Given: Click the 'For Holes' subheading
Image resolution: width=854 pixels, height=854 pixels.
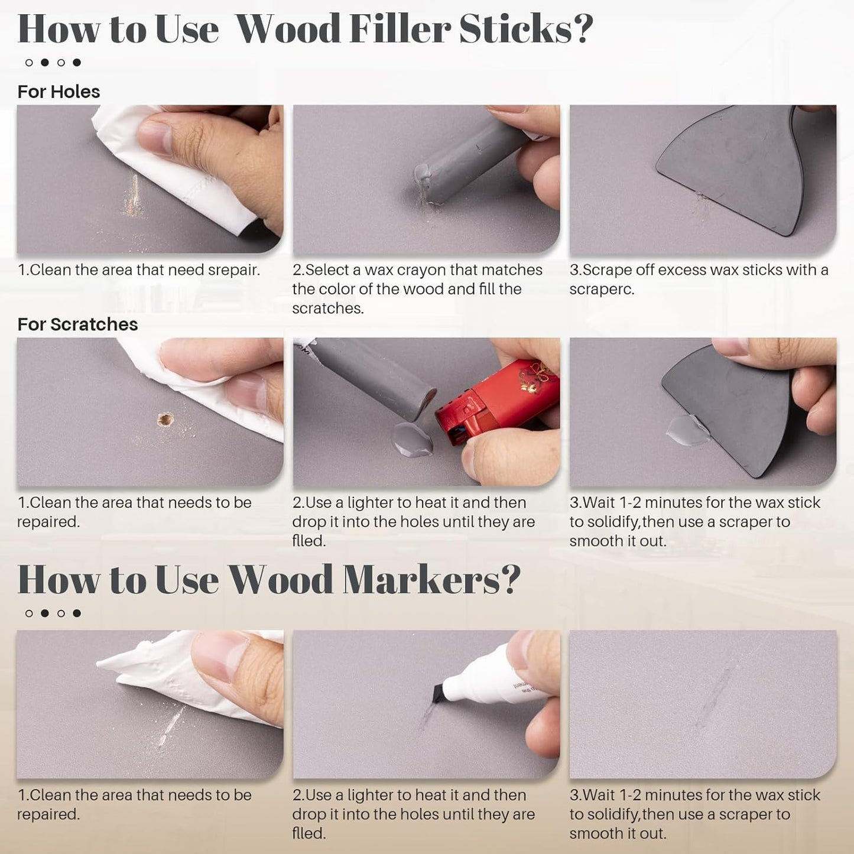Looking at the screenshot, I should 59,92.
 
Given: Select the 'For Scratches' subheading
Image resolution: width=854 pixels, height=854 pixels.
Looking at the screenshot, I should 77,324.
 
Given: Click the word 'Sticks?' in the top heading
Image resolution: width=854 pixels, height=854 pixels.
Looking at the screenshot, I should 525,29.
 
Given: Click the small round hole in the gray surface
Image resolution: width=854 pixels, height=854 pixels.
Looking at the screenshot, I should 165,420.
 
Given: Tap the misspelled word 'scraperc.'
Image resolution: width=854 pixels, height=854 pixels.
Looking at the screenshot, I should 602,290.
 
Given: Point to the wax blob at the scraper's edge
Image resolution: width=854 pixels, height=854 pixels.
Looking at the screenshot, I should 687,428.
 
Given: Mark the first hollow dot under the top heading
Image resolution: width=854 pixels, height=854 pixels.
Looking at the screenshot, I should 29,63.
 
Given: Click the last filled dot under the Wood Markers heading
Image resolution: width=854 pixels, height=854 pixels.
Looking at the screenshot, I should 77,613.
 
